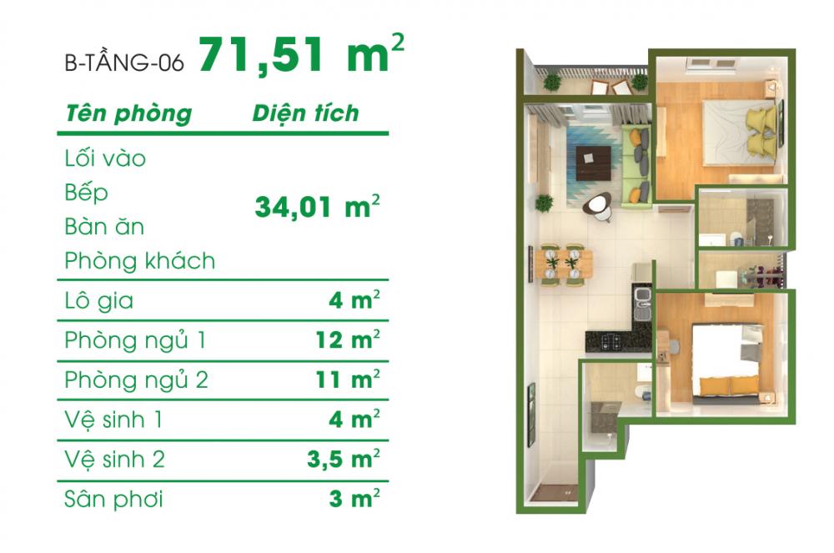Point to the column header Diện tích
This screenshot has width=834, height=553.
click(305, 113)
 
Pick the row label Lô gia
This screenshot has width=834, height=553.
click(98, 301)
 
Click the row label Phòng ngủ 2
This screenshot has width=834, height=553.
click(136, 380)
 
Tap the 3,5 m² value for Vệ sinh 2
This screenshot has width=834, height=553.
click(342, 460)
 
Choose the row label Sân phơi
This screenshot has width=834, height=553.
click(113, 500)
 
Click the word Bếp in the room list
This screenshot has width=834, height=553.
click(86, 193)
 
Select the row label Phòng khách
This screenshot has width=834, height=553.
click(139, 261)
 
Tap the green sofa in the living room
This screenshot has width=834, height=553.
click(637, 165)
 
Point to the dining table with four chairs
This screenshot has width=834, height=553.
click(564, 264)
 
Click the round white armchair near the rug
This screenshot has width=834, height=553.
click(597, 205)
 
